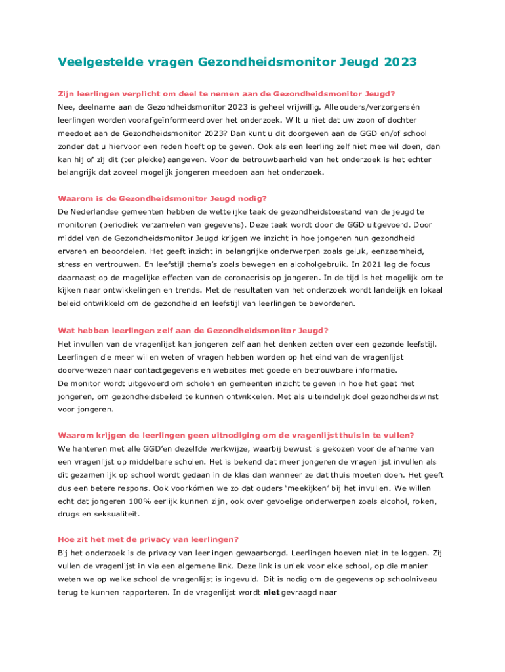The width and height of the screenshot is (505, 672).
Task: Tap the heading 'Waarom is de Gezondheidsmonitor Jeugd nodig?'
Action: click(x=163, y=198)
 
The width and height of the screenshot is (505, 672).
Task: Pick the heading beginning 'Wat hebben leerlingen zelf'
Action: click(x=193, y=330)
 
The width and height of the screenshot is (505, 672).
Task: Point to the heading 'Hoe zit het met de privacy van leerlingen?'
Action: click(x=148, y=540)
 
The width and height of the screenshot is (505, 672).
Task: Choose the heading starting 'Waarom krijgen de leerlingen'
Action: click(x=236, y=435)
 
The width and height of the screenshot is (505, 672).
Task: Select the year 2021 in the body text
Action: click(x=366, y=264)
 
